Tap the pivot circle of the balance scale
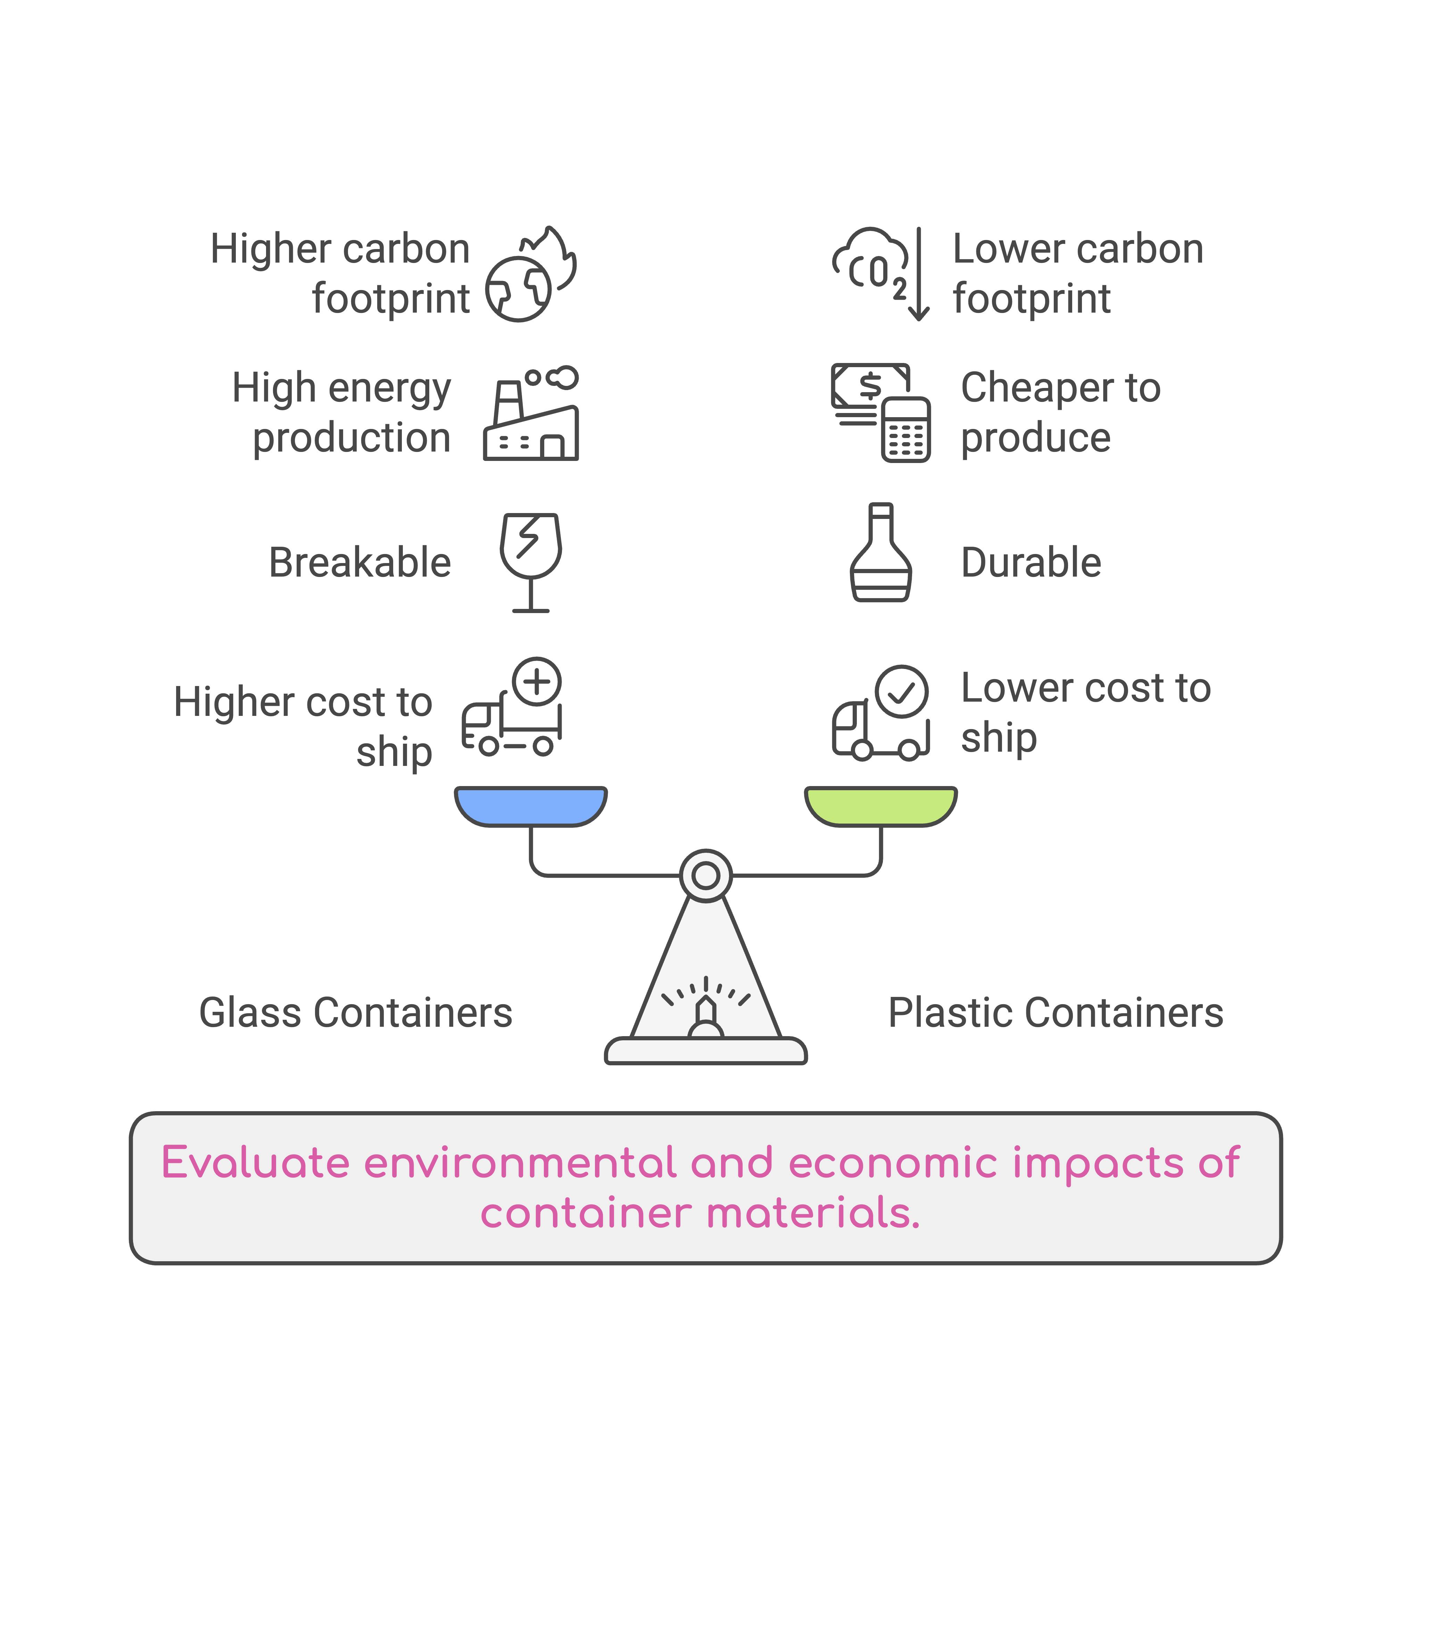click(x=705, y=875)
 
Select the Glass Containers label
click(x=355, y=1013)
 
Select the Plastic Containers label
click(x=1055, y=1013)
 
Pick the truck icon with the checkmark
click(x=881, y=713)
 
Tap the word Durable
click(x=1031, y=562)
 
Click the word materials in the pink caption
click(x=812, y=1213)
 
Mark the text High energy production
click(x=341, y=412)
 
